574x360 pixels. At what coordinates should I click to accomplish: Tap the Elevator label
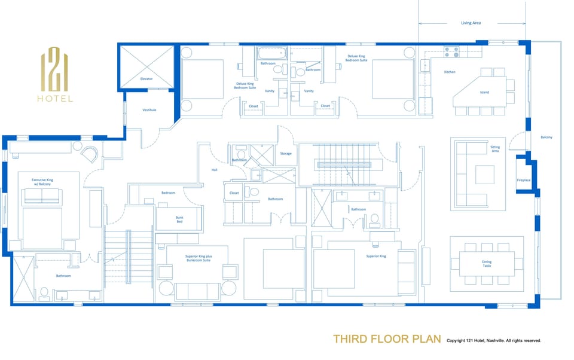[x=147, y=78]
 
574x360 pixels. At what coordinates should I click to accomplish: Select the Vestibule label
[x=149, y=110]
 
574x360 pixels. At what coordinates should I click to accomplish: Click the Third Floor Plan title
[x=387, y=340]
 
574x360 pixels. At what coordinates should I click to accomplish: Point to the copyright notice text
[x=494, y=341]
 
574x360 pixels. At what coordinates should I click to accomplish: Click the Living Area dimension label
[x=471, y=23]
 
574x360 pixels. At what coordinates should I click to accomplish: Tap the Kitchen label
[x=450, y=72]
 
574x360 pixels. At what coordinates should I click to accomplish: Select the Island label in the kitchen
[x=484, y=92]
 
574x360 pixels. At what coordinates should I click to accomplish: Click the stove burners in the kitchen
[x=451, y=52]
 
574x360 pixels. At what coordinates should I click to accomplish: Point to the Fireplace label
[x=523, y=180]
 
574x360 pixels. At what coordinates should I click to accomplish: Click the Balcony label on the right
[x=546, y=138]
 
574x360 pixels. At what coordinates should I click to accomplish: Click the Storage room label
[x=286, y=154]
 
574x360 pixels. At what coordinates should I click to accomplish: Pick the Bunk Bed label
[x=179, y=219]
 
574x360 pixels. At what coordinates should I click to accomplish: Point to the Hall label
[x=215, y=170]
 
